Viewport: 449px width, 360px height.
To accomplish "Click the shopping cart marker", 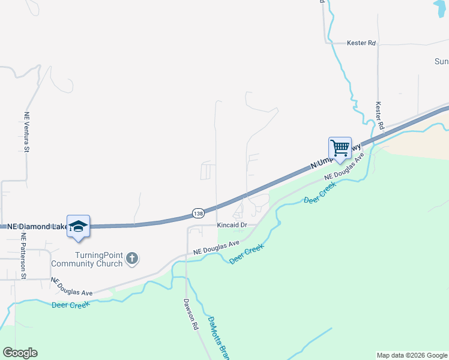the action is point(340,148).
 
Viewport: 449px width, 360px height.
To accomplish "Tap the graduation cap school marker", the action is point(78,226).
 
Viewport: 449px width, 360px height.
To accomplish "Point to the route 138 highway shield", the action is point(199,213).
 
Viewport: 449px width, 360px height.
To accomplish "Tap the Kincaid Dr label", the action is point(232,225).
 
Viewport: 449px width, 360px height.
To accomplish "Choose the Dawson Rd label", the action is point(191,316).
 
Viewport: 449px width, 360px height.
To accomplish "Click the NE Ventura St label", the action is point(26,133).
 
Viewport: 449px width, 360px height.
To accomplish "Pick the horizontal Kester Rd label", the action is point(361,43).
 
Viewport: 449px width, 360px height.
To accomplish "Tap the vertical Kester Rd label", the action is point(379,116).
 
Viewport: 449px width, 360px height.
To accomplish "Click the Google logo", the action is point(20,353).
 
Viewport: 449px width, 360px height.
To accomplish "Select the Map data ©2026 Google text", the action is point(412,355).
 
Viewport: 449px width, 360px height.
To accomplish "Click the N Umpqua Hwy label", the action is point(336,157).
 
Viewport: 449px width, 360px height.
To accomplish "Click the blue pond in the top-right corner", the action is point(442,8).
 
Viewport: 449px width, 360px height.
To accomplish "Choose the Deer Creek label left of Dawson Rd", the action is point(71,305).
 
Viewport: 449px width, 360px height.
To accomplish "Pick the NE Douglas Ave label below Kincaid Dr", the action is point(217,247).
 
